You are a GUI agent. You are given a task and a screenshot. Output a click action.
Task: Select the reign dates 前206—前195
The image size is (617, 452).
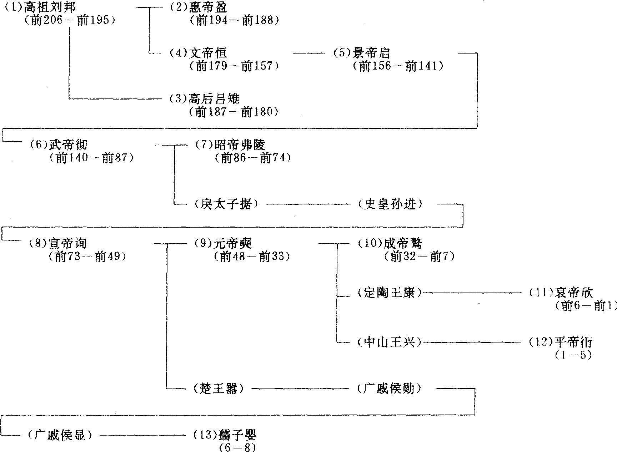point(70,20)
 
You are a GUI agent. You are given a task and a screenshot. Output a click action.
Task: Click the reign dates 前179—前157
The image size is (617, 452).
point(234,66)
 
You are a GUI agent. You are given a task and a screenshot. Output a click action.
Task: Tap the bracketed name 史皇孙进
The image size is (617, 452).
point(390,204)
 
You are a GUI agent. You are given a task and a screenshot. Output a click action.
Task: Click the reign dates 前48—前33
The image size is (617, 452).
point(252,257)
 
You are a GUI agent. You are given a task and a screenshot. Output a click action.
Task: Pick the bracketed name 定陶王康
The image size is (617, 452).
point(390,293)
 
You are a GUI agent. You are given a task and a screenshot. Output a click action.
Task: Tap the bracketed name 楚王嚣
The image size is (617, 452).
point(218,388)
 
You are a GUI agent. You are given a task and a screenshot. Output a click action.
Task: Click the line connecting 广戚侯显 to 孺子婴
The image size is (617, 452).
point(143,435)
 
